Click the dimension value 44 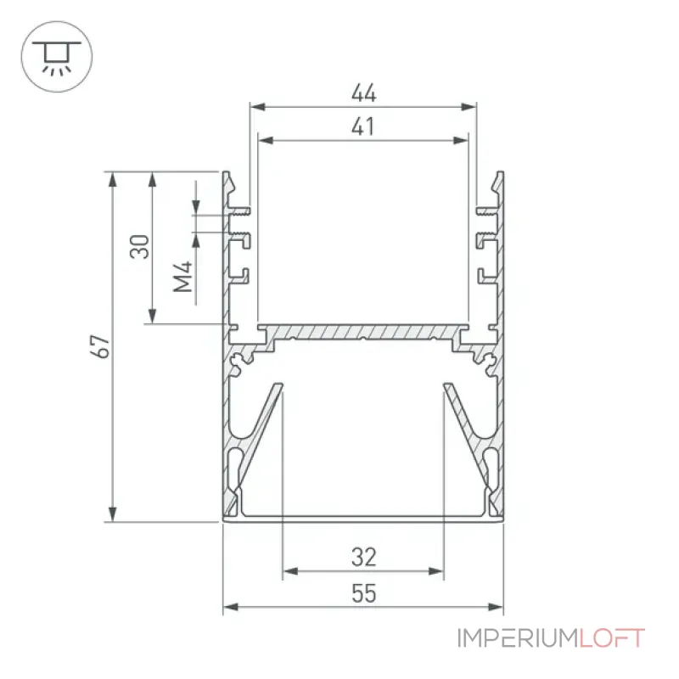(x=364, y=93)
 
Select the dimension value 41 (x=363, y=126)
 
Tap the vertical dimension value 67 (x=100, y=345)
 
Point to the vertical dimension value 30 (x=139, y=246)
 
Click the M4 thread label (x=182, y=277)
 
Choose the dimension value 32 (x=364, y=558)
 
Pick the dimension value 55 (x=364, y=593)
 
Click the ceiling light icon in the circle (x=57, y=57)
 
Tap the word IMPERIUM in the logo (x=518, y=638)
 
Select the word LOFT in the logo (x=612, y=638)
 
